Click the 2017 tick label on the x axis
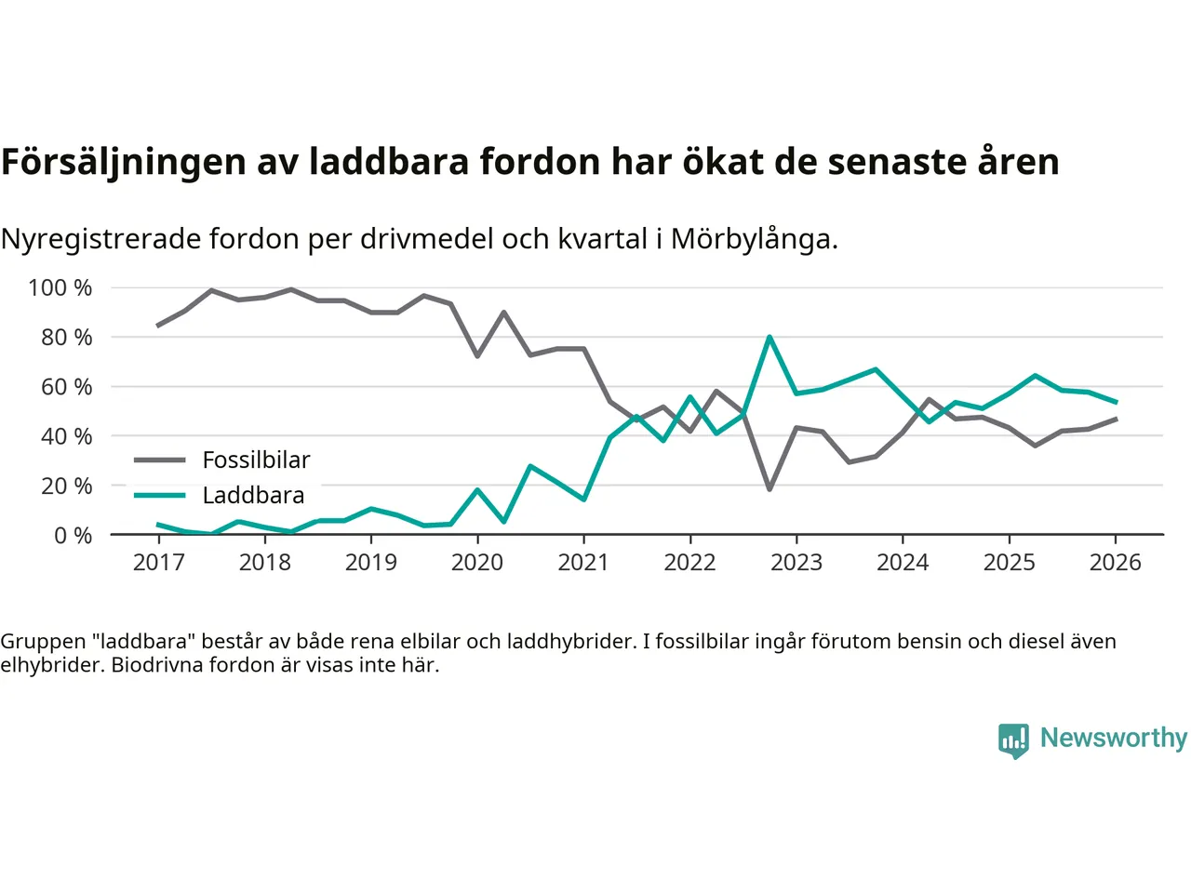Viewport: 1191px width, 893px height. [x=159, y=562]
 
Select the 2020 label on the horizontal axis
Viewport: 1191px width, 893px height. [x=477, y=562]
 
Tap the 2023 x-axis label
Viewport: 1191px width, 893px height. [x=796, y=562]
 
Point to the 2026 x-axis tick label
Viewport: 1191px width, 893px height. [x=1115, y=562]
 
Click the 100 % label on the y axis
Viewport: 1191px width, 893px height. [x=60, y=287]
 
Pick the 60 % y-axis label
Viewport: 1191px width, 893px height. [x=66, y=386]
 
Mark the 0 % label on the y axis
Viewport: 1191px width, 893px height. [x=73, y=535]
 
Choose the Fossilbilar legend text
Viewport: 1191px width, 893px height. [x=256, y=460]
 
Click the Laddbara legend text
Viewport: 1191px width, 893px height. [x=253, y=495]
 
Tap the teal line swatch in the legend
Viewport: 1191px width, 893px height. [x=160, y=495]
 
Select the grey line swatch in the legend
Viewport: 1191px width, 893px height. [x=160, y=460]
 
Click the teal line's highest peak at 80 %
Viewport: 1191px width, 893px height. [x=769, y=337]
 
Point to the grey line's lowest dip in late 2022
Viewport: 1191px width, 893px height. [x=769, y=489]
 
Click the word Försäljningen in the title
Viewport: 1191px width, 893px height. [x=124, y=162]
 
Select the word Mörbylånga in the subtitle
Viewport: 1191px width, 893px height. [x=754, y=239]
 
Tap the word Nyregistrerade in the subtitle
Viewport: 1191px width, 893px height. [x=100, y=239]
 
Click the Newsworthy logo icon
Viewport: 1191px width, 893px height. [x=1013, y=740]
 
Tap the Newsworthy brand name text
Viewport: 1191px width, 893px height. [x=1114, y=738]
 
